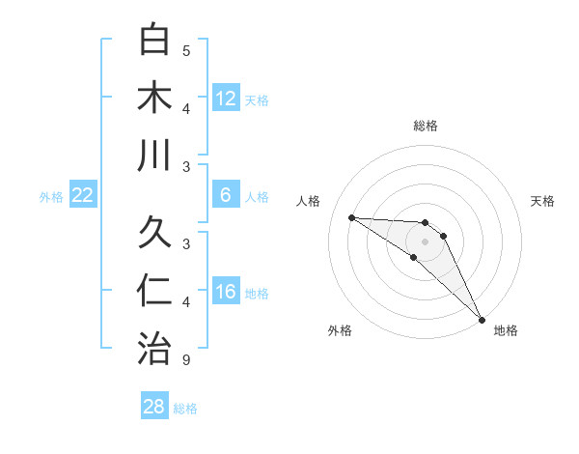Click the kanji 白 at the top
[x=155, y=41]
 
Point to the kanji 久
[x=155, y=233]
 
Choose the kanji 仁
[x=155, y=290]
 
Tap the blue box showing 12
[x=225, y=98]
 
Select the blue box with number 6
[x=225, y=195]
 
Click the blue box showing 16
[x=225, y=292]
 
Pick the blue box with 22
[x=82, y=195]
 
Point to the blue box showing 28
[x=154, y=407]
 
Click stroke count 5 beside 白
[x=186, y=50]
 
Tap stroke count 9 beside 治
[x=186, y=360]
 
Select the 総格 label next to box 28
[x=185, y=409]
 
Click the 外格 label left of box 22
[x=51, y=197]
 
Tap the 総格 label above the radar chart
[x=426, y=126]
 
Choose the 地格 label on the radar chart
[x=506, y=330]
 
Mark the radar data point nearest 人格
[x=351, y=217]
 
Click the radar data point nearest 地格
[x=481, y=318]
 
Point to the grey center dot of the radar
[x=426, y=241]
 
